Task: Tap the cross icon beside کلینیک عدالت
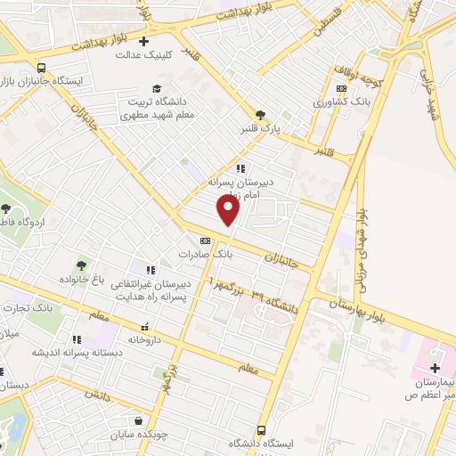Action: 144,41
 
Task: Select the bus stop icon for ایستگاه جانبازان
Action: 42,68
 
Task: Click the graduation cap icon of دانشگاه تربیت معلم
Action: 158,88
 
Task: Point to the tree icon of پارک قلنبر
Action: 260,115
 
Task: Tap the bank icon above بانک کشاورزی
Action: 341,89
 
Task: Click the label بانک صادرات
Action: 205,254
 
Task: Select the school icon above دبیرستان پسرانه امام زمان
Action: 240,167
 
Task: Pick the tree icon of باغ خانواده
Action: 81,265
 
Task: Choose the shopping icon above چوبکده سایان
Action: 138,421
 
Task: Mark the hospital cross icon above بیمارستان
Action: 435,368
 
